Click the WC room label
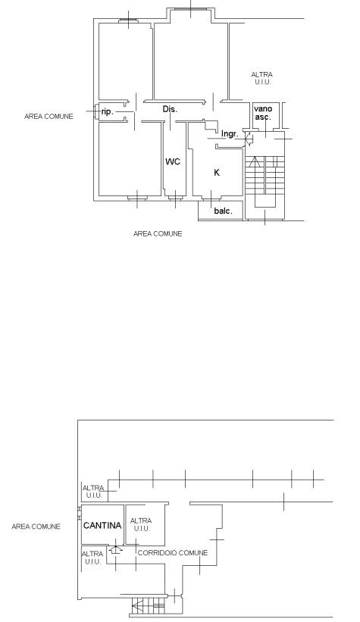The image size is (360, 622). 173,161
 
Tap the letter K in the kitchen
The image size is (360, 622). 217,173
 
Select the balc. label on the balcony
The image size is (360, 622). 223,211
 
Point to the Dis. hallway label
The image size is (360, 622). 170,109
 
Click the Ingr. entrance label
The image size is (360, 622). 230,134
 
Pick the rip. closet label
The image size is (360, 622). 107,112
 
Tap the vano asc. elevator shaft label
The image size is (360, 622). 263,113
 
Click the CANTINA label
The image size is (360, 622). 102,526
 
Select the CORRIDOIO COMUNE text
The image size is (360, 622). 173,552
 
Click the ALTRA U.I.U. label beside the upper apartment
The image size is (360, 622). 262,78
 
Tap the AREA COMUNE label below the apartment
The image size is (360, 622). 158,233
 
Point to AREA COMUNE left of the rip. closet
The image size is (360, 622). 49,116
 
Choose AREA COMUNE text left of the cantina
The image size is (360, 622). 36,527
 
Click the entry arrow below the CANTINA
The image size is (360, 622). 115,549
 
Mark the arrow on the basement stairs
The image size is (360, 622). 138,606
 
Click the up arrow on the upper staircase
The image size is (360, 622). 255,161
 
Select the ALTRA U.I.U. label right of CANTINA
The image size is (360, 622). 141,524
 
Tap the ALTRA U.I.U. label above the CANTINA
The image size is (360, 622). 94,492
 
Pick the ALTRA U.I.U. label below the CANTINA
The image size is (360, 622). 93,558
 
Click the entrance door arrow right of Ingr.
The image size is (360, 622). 248,138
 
